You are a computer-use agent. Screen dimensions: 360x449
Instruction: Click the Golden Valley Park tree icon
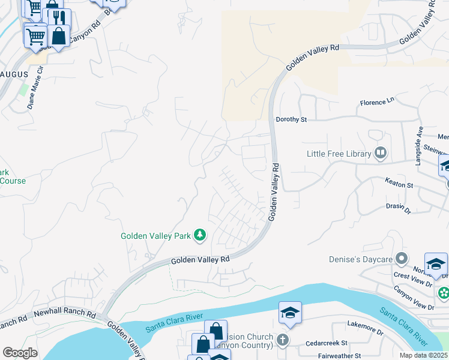click(x=200, y=236)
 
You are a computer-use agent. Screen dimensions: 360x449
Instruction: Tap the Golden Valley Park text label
click(x=155, y=236)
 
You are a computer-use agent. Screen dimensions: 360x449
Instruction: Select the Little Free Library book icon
click(x=380, y=154)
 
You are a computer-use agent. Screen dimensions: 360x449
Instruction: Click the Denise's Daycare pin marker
click(x=402, y=259)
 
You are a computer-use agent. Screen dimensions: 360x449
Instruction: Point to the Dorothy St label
click(x=291, y=119)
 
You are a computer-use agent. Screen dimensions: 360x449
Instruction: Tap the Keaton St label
click(x=399, y=185)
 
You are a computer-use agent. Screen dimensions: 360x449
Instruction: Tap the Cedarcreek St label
click(x=328, y=343)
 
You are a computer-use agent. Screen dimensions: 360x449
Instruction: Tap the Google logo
click(x=20, y=353)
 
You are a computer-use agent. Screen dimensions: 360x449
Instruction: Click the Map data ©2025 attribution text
click(x=423, y=355)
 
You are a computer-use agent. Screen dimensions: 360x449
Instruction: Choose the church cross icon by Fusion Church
click(x=283, y=340)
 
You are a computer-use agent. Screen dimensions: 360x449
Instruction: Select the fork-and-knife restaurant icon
click(x=58, y=17)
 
